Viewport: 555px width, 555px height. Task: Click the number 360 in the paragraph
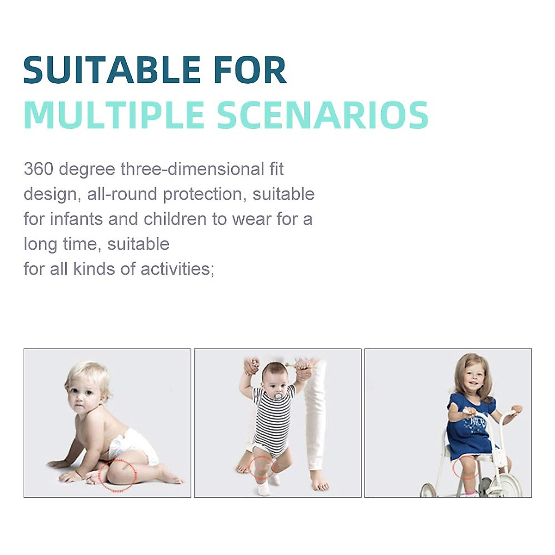click(38, 169)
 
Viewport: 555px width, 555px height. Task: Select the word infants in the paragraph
click(76, 219)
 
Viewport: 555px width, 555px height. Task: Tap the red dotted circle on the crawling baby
click(118, 475)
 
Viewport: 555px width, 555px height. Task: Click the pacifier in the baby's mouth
click(278, 396)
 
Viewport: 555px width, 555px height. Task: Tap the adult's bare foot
click(320, 481)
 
